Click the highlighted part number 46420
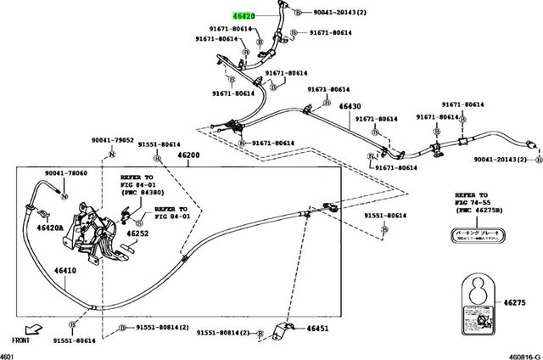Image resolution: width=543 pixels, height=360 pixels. click(246, 16)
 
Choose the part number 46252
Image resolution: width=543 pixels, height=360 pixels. click(137, 233)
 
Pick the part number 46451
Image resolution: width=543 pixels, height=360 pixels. click(316, 328)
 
